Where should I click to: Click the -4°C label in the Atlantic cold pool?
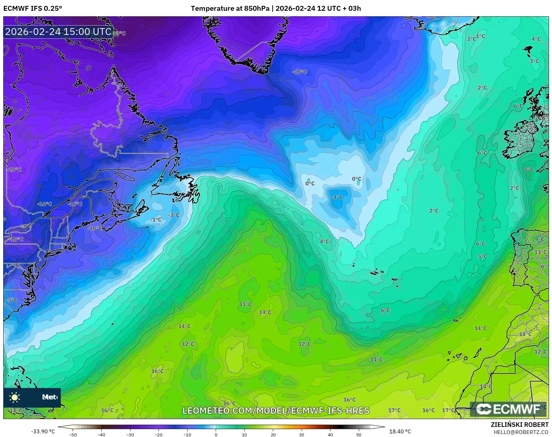pyautogui.click(x=337, y=197)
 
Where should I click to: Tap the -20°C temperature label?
pyautogui.click(x=14, y=170)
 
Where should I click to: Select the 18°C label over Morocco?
pyautogui.click(x=526, y=334)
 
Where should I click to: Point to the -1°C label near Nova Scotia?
pyautogui.click(x=156, y=220)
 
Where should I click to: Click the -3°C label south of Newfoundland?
pyautogui.click(x=174, y=215)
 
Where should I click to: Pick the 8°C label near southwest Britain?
pyautogui.click(x=529, y=170)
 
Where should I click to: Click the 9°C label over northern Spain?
pyautogui.click(x=540, y=239)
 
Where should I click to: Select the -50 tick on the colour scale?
pyautogui.click(x=73, y=435)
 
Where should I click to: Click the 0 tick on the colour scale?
pyautogui.click(x=216, y=435)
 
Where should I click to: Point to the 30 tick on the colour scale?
pyautogui.click(x=301, y=435)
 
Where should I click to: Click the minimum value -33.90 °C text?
pyautogui.click(x=43, y=431)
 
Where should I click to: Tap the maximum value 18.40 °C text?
pyautogui.click(x=400, y=431)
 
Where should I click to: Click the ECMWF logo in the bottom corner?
pyautogui.click(x=508, y=409)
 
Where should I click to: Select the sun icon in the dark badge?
pyautogui.click(x=15, y=397)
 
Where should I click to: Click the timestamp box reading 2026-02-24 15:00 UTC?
pyautogui.click(x=58, y=32)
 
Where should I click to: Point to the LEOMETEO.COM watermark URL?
pyautogui.click(x=276, y=411)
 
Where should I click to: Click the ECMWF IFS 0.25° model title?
pyautogui.click(x=33, y=8)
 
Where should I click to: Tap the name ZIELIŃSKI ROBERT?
pyautogui.click(x=520, y=425)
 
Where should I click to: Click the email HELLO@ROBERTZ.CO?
pyautogui.click(x=521, y=432)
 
